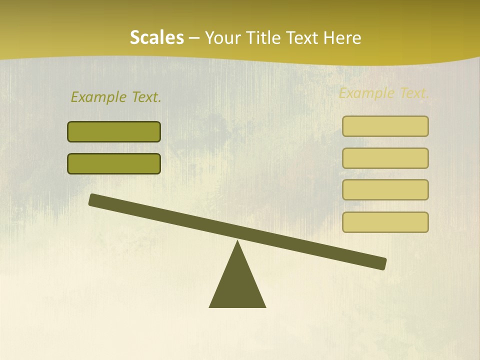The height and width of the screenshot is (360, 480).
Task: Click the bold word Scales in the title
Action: tap(156, 38)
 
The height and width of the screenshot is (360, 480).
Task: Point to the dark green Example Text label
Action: tap(116, 97)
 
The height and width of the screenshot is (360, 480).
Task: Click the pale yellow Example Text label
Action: tap(384, 93)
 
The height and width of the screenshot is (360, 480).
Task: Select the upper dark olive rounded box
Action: tap(114, 132)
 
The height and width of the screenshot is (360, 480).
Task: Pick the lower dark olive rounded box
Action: tap(114, 163)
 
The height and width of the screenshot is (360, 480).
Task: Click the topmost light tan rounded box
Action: tap(385, 126)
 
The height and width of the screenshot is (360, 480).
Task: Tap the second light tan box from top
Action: tap(385, 158)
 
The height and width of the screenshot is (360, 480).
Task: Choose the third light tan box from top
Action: tap(385, 190)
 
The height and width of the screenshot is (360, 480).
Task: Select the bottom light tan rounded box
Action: tap(385, 222)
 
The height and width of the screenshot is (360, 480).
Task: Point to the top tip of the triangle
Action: tap(237, 242)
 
